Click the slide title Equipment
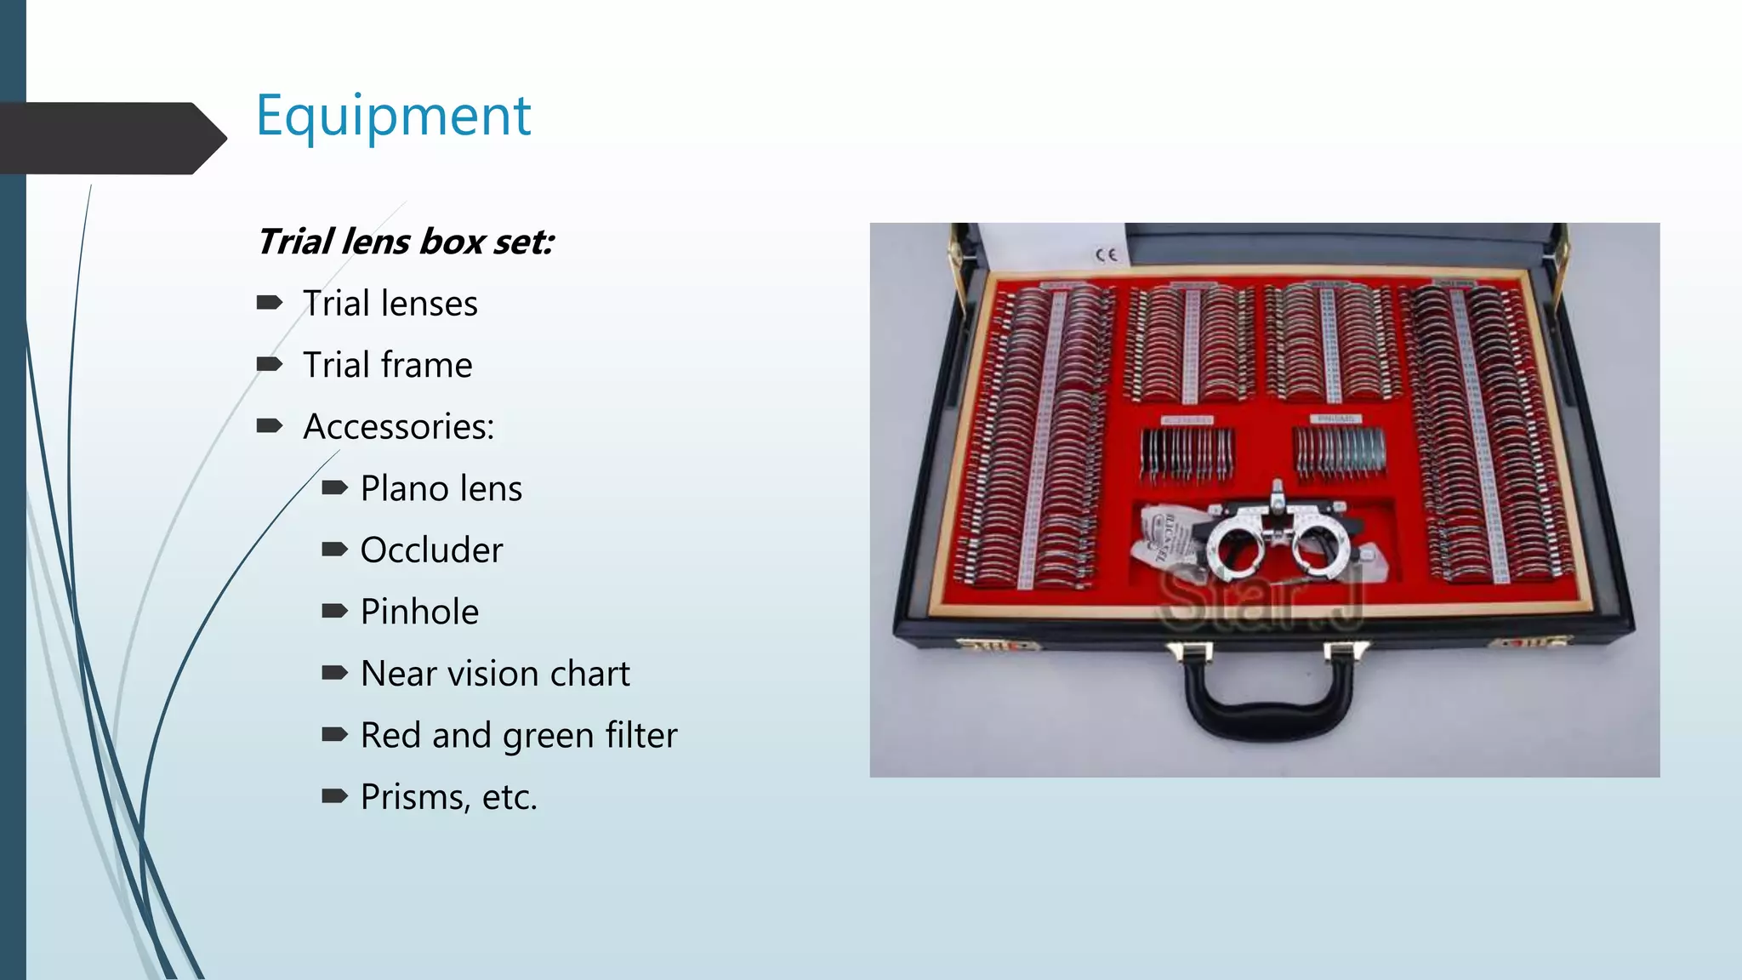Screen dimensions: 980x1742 393,117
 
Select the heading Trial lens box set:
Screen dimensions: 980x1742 405,242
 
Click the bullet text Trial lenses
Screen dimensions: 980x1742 390,304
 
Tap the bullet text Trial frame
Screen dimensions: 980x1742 388,365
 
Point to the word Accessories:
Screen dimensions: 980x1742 399,426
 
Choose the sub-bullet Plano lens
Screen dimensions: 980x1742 441,488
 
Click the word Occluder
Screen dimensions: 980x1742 431,550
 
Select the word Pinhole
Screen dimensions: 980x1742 419,612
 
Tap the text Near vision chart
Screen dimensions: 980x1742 495,674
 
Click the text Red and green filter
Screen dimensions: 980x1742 519,735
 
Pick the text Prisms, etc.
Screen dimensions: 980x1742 449,797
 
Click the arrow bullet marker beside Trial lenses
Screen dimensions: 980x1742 270,302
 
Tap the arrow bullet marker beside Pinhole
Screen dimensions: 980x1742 334,611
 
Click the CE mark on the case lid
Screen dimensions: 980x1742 1106,254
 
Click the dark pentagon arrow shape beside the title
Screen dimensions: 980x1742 111,138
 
